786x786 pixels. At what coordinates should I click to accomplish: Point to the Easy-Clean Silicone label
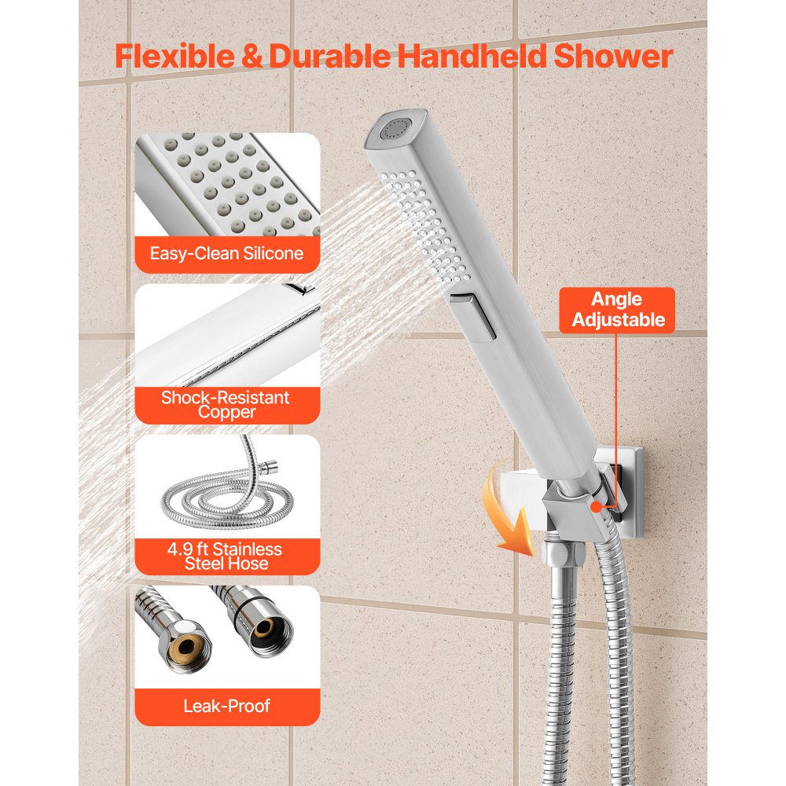click(227, 253)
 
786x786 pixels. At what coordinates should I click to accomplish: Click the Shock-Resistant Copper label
click(226, 404)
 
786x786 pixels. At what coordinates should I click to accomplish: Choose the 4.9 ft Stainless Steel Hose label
click(227, 556)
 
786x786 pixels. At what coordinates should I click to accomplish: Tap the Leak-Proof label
click(227, 706)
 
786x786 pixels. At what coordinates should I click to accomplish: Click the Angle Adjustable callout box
click(617, 310)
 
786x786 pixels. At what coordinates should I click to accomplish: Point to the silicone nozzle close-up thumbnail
click(227, 185)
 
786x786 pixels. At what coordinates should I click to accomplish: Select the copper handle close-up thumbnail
click(227, 334)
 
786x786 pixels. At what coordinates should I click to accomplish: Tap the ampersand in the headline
click(256, 57)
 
